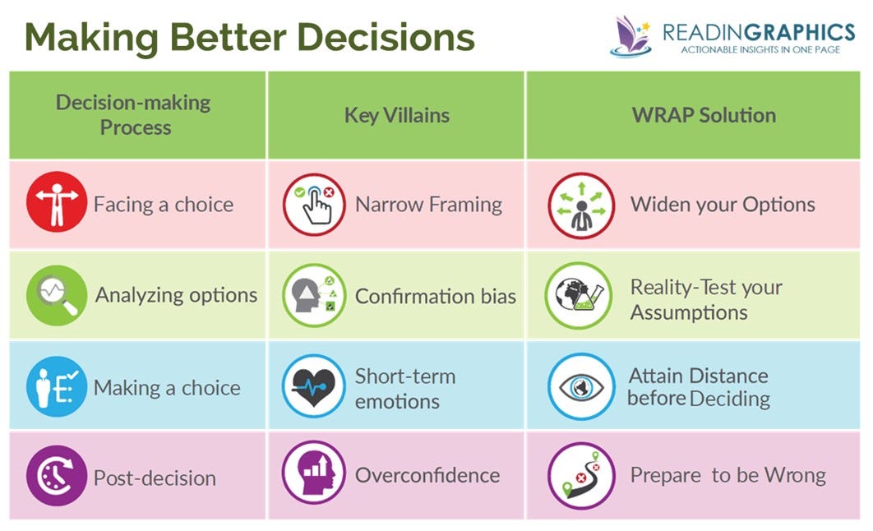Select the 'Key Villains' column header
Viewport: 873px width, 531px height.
pyautogui.click(x=396, y=115)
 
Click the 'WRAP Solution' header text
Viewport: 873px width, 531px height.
pyautogui.click(x=704, y=115)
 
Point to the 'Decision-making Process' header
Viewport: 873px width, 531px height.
pyautogui.click(x=133, y=115)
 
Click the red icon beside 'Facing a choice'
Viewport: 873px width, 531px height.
pyautogui.click(x=56, y=202)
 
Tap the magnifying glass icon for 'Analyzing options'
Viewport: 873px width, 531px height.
pyautogui.click(x=56, y=294)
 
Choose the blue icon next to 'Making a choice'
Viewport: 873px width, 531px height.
pyautogui.click(x=56, y=386)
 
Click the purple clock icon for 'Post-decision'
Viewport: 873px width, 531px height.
pyautogui.click(x=56, y=476)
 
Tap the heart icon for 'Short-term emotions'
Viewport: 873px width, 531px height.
pyautogui.click(x=314, y=386)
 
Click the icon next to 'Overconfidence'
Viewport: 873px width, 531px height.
pyautogui.click(x=314, y=476)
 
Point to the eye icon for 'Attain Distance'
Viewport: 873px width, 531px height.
pyautogui.click(x=580, y=386)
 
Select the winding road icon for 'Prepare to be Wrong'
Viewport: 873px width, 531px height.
pyautogui.click(x=580, y=476)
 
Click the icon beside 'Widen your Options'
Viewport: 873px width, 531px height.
pyautogui.click(x=580, y=205)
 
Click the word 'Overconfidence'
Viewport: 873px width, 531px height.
pyautogui.click(x=427, y=475)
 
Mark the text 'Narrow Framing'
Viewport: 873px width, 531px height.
pyautogui.click(x=428, y=204)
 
